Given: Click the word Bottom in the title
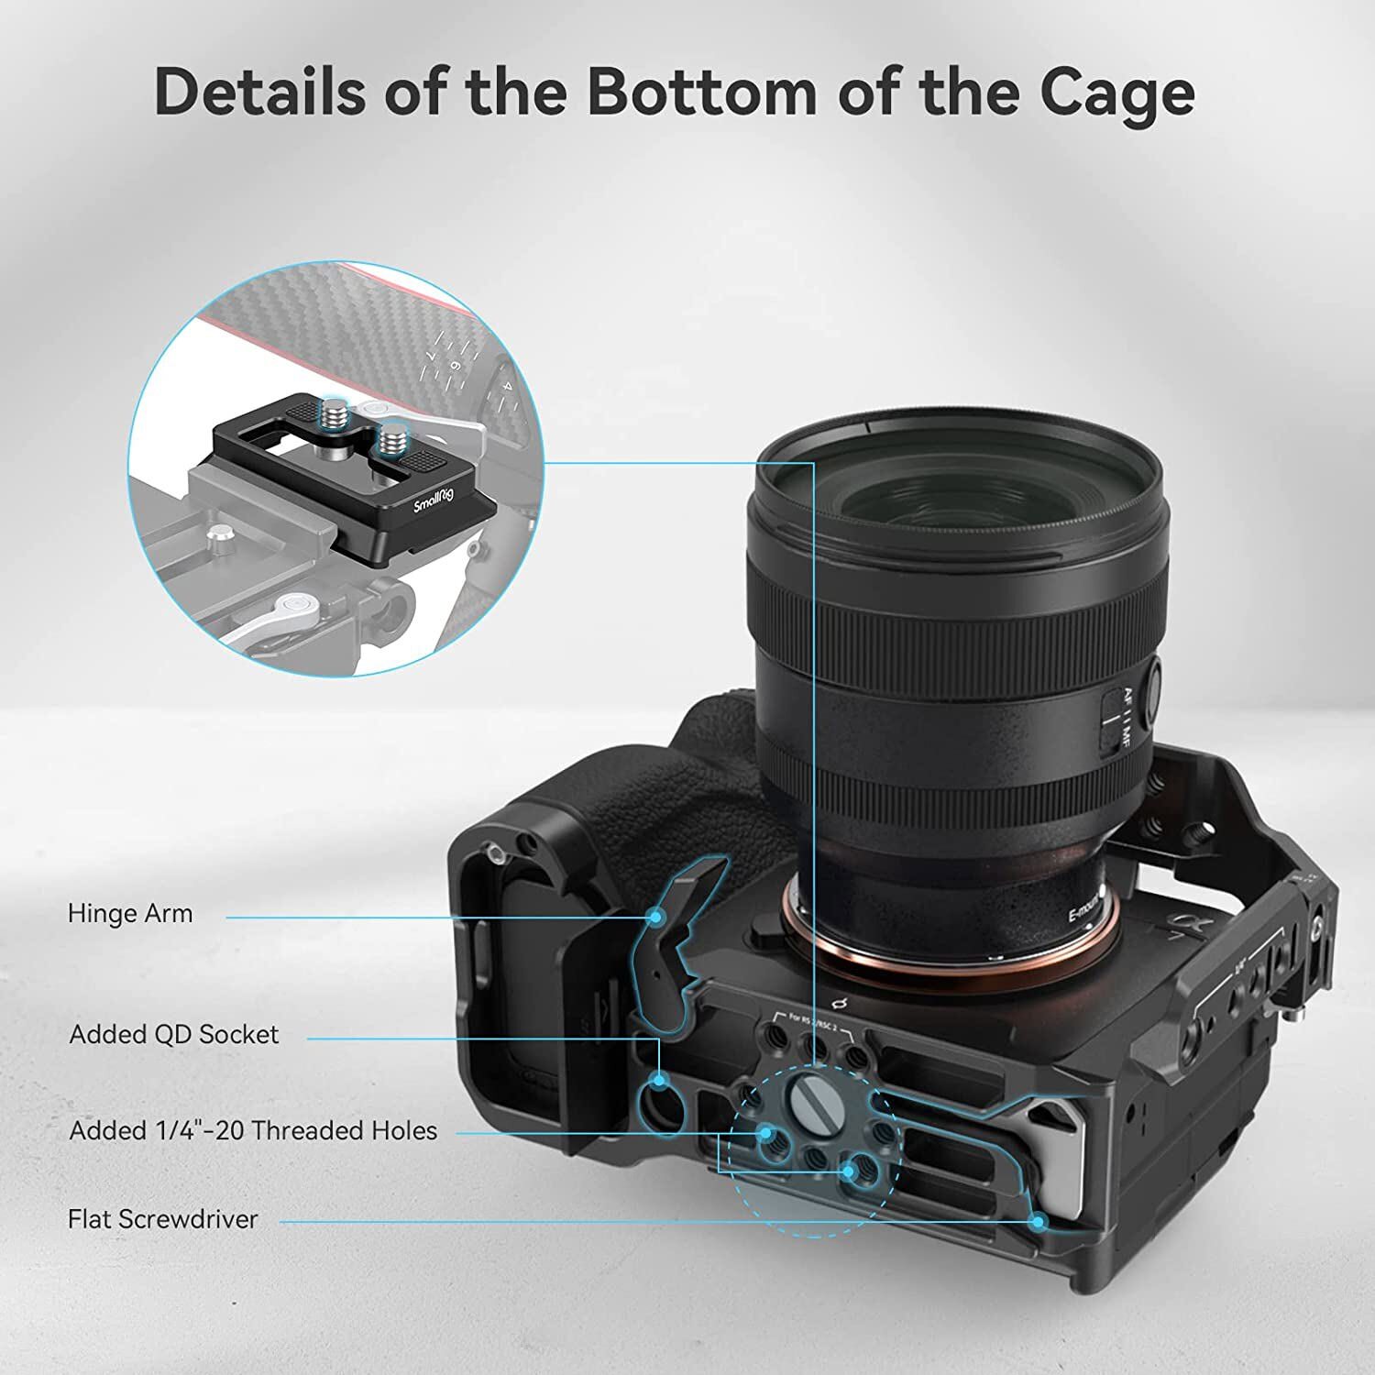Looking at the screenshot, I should click(x=701, y=92).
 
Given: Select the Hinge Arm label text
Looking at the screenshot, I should click(x=130, y=914).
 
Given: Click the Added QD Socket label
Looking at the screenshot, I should click(x=174, y=1035).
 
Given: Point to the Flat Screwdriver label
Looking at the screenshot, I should click(x=163, y=1219).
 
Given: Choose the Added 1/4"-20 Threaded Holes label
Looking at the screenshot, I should click(x=253, y=1131).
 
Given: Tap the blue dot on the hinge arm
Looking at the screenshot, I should click(x=654, y=916).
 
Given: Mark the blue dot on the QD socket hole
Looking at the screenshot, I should click(x=659, y=1083).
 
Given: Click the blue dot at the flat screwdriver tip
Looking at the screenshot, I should click(x=1038, y=1221).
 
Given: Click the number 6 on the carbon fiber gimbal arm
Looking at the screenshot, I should click(x=455, y=364).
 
